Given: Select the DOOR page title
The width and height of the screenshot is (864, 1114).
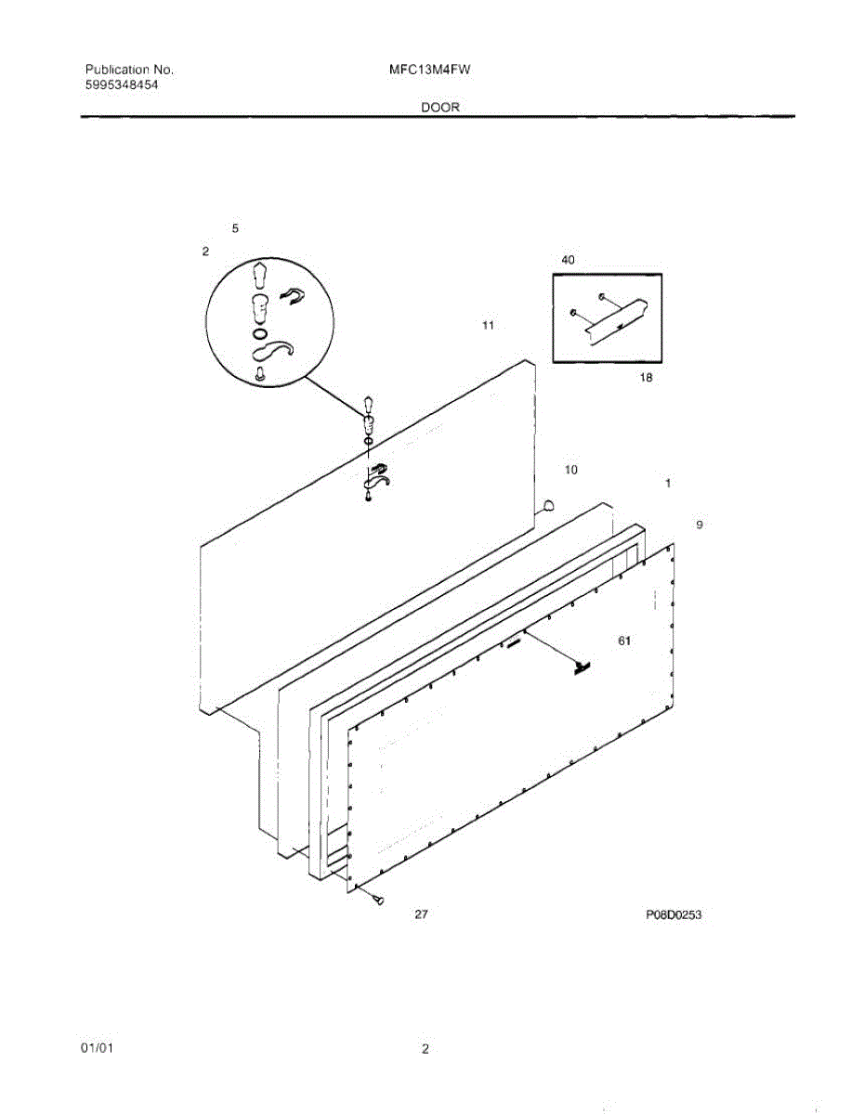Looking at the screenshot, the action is click(x=439, y=108).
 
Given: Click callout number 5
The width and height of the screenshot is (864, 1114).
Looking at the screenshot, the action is click(x=235, y=228).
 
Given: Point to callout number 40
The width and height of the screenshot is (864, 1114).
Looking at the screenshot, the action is click(x=568, y=261).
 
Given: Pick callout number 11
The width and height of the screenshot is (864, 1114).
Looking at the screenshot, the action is click(x=488, y=326).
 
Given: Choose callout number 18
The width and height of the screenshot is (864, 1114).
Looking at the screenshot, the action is click(x=647, y=378).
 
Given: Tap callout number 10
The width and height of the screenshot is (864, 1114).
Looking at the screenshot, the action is click(x=571, y=471).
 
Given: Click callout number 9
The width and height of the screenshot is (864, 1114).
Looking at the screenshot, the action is click(x=700, y=525).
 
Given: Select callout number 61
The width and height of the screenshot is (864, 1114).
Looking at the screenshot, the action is click(x=624, y=641).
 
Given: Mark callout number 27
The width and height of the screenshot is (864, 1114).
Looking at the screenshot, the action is click(x=421, y=915).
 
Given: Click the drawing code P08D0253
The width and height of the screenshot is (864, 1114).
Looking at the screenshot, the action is click(x=674, y=915).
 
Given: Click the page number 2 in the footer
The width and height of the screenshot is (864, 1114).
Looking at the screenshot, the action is click(x=425, y=1050).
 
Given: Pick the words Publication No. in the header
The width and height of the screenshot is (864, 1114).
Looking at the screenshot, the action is click(x=129, y=70).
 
